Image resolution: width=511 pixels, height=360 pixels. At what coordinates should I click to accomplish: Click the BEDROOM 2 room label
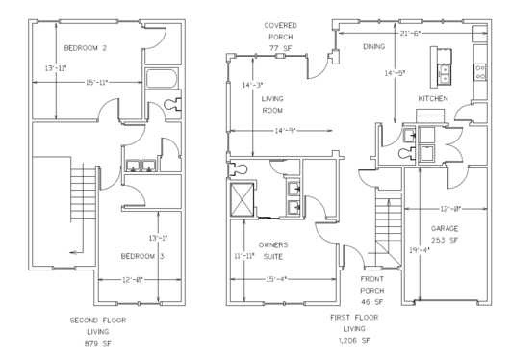click(x=85, y=47)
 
